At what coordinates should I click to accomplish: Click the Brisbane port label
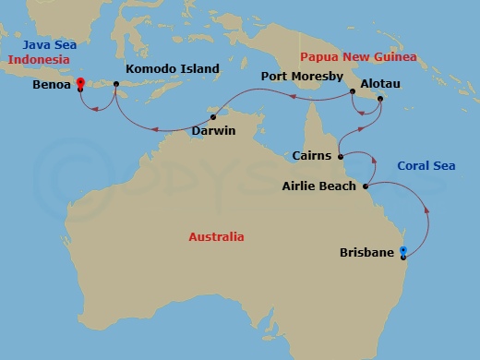coord(367,252)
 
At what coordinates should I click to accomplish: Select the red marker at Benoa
coord(80,85)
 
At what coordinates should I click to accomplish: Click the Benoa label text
coord(52,86)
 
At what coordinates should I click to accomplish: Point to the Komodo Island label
coord(172,68)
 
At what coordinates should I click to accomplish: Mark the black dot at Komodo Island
coord(117,86)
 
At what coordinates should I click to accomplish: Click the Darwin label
coord(213,131)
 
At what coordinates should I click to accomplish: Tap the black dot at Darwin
coord(212,117)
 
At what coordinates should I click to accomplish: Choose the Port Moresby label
coord(302,76)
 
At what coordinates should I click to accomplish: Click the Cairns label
coord(311,156)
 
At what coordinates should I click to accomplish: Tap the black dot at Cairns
coord(342,155)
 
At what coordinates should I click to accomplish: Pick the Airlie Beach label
coord(320,186)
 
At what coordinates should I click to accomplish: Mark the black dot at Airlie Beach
coord(366,186)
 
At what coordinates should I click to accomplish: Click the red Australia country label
coord(216,237)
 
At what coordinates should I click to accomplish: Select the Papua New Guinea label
coord(358,56)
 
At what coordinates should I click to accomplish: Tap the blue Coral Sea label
coord(426,166)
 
